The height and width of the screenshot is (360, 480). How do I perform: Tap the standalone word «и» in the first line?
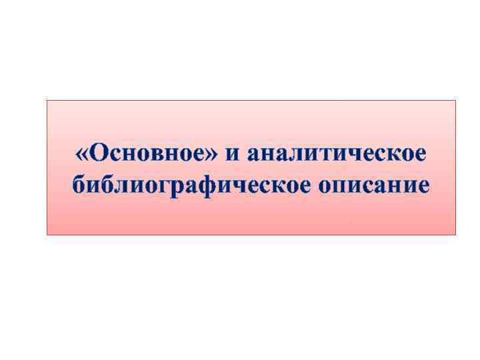(x=233, y=155)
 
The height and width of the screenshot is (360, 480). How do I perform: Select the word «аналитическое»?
(x=335, y=154)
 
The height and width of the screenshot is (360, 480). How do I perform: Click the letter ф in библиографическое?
(x=200, y=185)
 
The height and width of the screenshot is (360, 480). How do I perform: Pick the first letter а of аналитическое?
(x=253, y=155)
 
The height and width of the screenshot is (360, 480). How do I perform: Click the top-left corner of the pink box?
(x=47, y=101)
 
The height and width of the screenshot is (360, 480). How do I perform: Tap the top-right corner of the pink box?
(x=456, y=101)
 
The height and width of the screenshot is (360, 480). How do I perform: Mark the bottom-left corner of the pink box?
(x=47, y=235)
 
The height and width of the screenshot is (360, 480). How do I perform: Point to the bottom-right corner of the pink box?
(x=456, y=235)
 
